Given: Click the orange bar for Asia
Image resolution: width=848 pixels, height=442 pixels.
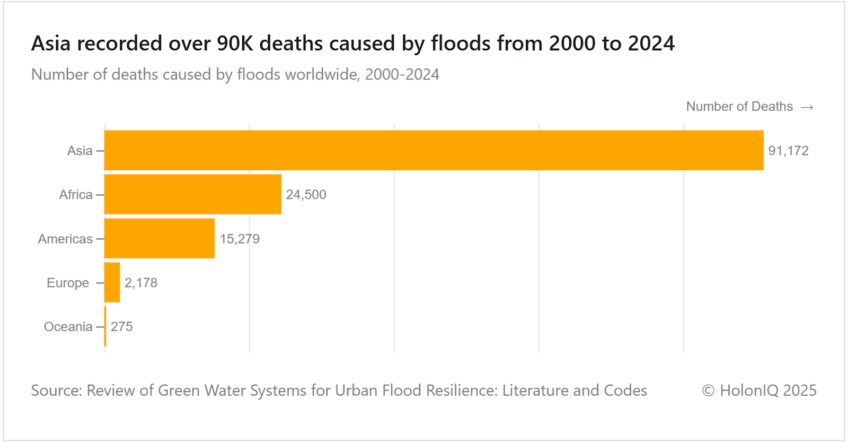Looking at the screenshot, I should (x=434, y=150).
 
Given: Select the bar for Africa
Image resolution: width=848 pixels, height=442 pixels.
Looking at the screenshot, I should (x=193, y=194).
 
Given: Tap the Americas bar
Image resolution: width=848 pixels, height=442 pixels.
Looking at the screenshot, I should (x=160, y=238).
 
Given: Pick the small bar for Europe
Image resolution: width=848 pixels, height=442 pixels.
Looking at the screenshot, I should (x=112, y=282).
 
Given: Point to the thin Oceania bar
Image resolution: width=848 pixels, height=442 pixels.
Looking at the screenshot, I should (x=105, y=326).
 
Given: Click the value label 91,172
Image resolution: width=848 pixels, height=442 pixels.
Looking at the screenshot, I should (x=788, y=151).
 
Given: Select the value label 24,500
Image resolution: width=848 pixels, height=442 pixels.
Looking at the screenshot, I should (x=306, y=195).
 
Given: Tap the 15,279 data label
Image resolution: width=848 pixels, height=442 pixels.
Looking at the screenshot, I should (x=240, y=239).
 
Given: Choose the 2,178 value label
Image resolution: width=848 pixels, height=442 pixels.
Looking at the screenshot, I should (x=140, y=283).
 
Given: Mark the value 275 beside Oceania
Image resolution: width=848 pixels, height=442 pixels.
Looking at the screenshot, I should (x=121, y=327).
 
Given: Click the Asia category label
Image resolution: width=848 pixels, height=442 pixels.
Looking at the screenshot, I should (x=79, y=151).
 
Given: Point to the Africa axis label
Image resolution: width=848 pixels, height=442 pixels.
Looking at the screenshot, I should (x=75, y=195).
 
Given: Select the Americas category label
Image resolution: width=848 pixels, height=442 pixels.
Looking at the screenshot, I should (x=65, y=239).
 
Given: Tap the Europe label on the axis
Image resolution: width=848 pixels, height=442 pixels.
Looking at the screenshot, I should (x=68, y=283).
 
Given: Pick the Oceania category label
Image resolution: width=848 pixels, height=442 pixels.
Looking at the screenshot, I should (x=68, y=327).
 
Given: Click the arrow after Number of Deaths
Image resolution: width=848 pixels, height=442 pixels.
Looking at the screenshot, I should (x=807, y=107).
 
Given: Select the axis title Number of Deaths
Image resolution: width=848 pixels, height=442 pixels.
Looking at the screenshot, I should (x=739, y=107).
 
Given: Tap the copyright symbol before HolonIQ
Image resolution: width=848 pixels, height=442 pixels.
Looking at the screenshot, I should (x=708, y=391).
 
